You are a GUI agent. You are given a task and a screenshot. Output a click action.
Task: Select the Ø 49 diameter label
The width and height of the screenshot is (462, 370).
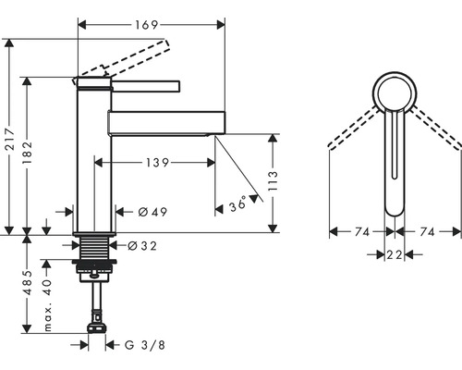(x=152, y=212)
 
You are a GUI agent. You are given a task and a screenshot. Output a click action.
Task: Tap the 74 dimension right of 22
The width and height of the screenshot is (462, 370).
(x=428, y=232)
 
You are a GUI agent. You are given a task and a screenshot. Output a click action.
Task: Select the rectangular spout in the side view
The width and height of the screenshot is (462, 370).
(x=166, y=123)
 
